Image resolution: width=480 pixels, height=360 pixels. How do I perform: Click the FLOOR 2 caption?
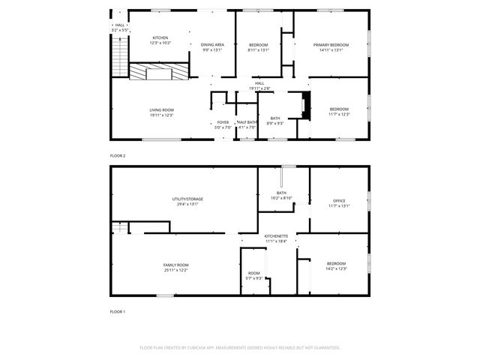118,155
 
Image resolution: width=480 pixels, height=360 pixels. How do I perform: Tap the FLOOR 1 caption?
118,311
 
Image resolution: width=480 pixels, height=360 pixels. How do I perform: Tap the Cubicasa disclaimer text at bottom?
240,348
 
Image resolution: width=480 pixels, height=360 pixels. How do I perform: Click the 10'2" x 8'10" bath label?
281,195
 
